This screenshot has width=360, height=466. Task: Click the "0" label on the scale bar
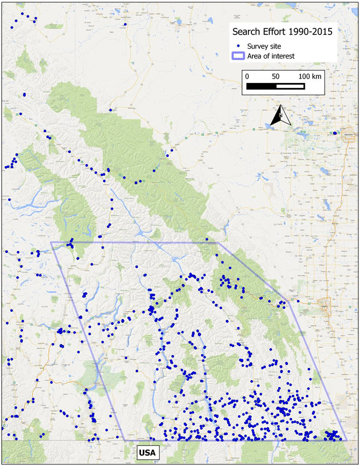tap(247, 76)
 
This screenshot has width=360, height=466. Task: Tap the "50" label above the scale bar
tap(275, 76)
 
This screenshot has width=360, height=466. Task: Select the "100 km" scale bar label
tap(309, 76)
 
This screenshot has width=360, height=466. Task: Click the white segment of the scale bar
tap(290, 86)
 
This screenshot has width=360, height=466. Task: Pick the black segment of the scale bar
tap(261, 86)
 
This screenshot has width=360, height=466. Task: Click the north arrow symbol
tap(279, 115)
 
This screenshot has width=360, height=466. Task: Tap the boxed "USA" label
tap(146, 452)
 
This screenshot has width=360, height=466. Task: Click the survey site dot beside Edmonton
tap(335, 133)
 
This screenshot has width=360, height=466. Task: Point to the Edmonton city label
tap(346, 133)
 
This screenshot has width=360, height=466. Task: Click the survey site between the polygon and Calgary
tap(298, 300)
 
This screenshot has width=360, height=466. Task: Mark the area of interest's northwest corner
tap(51, 242)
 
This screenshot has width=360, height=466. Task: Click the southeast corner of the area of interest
tap(347, 440)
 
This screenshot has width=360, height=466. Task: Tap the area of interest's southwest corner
tap(125, 440)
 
